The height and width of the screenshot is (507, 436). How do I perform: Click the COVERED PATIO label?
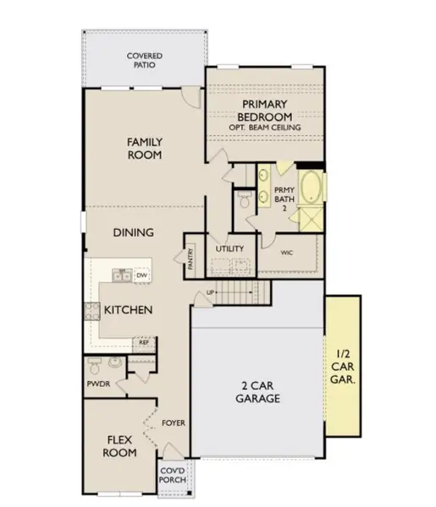(x=145, y=60)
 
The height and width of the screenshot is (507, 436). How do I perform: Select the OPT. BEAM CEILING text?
(x=264, y=128)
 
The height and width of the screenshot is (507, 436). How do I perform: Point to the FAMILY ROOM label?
(x=145, y=149)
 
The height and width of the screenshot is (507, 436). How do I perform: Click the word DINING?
(x=134, y=232)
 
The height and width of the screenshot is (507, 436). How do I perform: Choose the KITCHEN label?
(x=128, y=310)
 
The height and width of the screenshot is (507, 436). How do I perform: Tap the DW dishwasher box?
(x=142, y=275)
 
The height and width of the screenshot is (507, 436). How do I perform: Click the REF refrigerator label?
(x=145, y=342)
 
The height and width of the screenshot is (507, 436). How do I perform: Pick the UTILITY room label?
(x=229, y=249)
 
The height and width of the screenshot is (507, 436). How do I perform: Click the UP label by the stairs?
(x=210, y=293)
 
